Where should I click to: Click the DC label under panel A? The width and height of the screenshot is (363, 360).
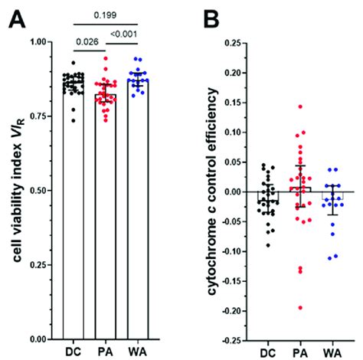tap(75, 352)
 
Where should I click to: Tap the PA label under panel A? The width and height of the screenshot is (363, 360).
tap(107, 352)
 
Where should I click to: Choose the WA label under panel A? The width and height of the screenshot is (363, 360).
tap(139, 352)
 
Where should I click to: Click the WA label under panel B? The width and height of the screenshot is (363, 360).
tap(332, 352)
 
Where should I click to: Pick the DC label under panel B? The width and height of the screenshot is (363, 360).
tap(268, 352)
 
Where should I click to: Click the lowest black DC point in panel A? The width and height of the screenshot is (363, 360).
tap(73, 120)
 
